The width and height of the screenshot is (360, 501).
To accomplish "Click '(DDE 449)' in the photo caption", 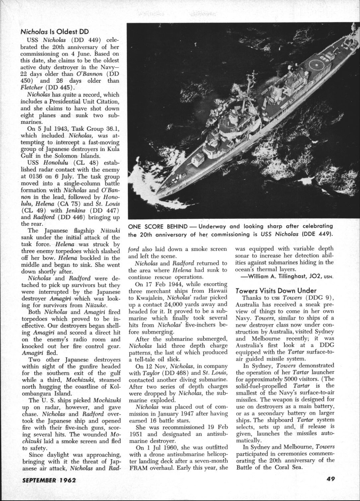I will tap(315, 234).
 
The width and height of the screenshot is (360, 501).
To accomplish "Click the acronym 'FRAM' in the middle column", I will tap(137, 468).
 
